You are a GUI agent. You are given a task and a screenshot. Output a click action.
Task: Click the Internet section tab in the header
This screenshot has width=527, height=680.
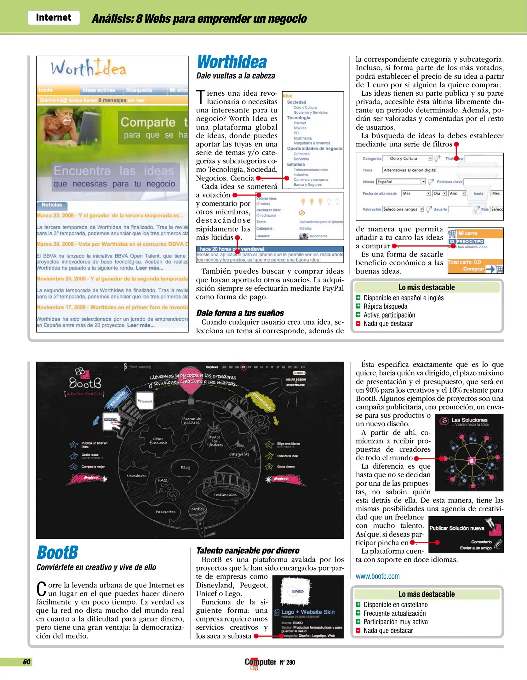(54, 18)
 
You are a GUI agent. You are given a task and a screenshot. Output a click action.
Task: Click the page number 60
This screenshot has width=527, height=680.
(27, 662)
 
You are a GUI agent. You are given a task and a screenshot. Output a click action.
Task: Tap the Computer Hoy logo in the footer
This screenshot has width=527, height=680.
(260, 663)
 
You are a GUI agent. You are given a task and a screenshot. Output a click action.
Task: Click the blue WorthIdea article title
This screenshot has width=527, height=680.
(232, 62)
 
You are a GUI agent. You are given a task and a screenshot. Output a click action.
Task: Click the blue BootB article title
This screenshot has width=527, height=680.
(57, 552)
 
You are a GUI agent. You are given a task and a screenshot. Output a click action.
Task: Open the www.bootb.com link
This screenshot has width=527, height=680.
(377, 576)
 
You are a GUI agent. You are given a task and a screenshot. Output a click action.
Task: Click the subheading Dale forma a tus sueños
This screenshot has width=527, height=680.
(240, 313)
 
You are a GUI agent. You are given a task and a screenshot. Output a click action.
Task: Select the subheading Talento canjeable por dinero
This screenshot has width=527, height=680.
(248, 550)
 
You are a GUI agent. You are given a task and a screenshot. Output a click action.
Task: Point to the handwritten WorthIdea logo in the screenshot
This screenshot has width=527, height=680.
(89, 68)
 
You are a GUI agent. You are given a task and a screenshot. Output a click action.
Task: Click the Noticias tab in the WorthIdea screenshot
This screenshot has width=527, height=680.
(52, 205)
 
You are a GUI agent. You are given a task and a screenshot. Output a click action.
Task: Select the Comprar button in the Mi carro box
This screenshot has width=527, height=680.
(473, 269)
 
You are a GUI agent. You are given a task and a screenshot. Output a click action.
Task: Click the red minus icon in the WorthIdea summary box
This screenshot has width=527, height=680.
(358, 323)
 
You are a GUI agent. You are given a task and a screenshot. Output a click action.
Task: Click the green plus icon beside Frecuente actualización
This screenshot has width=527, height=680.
(358, 613)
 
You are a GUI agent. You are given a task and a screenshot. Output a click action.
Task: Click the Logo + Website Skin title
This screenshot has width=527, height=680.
(308, 612)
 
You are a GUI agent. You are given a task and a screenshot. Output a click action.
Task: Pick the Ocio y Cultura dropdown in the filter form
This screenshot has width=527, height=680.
(411, 158)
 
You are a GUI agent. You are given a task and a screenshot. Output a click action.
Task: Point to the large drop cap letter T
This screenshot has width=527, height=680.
(201, 97)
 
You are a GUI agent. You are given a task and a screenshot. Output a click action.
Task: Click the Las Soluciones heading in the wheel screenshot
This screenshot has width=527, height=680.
(469, 420)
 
